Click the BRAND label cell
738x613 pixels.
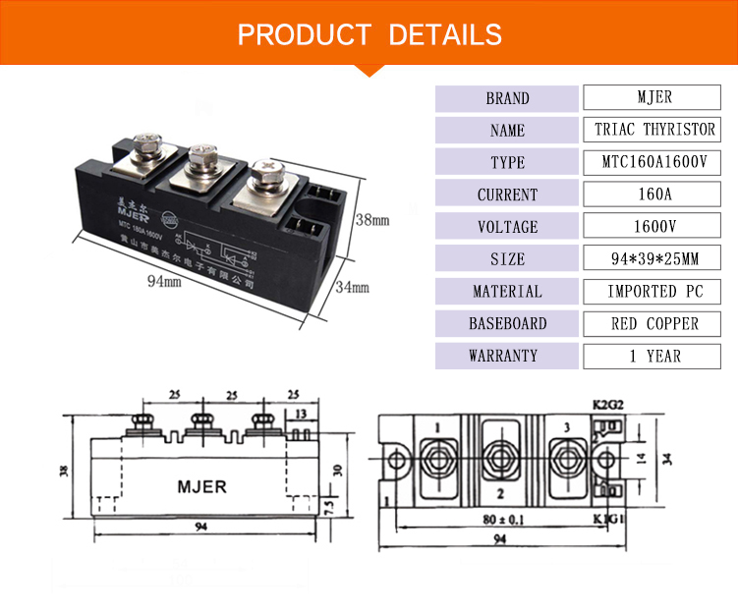tap(506, 98)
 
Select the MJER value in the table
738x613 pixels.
tap(653, 98)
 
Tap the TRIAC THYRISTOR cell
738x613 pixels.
tap(653, 130)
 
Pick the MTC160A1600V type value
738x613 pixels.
tap(653, 162)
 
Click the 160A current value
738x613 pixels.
tap(653, 195)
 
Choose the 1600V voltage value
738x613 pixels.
tap(653, 227)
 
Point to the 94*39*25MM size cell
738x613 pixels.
tap(653, 259)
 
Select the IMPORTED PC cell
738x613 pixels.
tap(653, 291)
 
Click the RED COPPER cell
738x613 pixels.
tap(653, 323)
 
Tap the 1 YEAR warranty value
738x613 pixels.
tap(653, 356)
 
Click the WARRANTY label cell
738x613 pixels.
tap(506, 356)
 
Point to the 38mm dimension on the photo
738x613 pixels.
tap(372, 220)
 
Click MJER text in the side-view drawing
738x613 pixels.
tap(201, 486)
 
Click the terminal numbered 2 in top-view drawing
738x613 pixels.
tap(500, 492)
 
